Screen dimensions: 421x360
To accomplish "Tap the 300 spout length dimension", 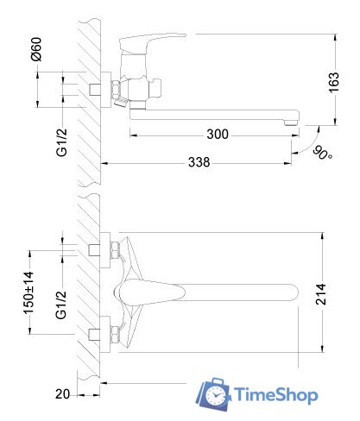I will click(218, 134).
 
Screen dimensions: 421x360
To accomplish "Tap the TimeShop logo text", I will click(275, 395).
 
